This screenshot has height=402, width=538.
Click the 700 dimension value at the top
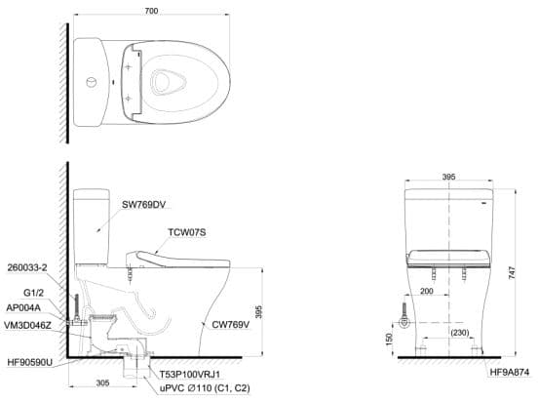[151, 11]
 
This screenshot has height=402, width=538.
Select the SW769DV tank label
[144, 205]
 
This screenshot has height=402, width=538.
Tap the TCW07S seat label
[187, 232]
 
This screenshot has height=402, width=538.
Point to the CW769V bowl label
[231, 325]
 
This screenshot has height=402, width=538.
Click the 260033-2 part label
[27, 267]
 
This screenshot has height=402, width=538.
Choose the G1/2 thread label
[33, 293]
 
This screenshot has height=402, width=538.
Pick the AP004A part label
[23, 308]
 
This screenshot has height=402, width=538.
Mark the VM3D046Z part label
[27, 325]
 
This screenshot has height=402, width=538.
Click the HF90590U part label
[30, 362]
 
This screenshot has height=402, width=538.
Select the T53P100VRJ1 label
[190, 374]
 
